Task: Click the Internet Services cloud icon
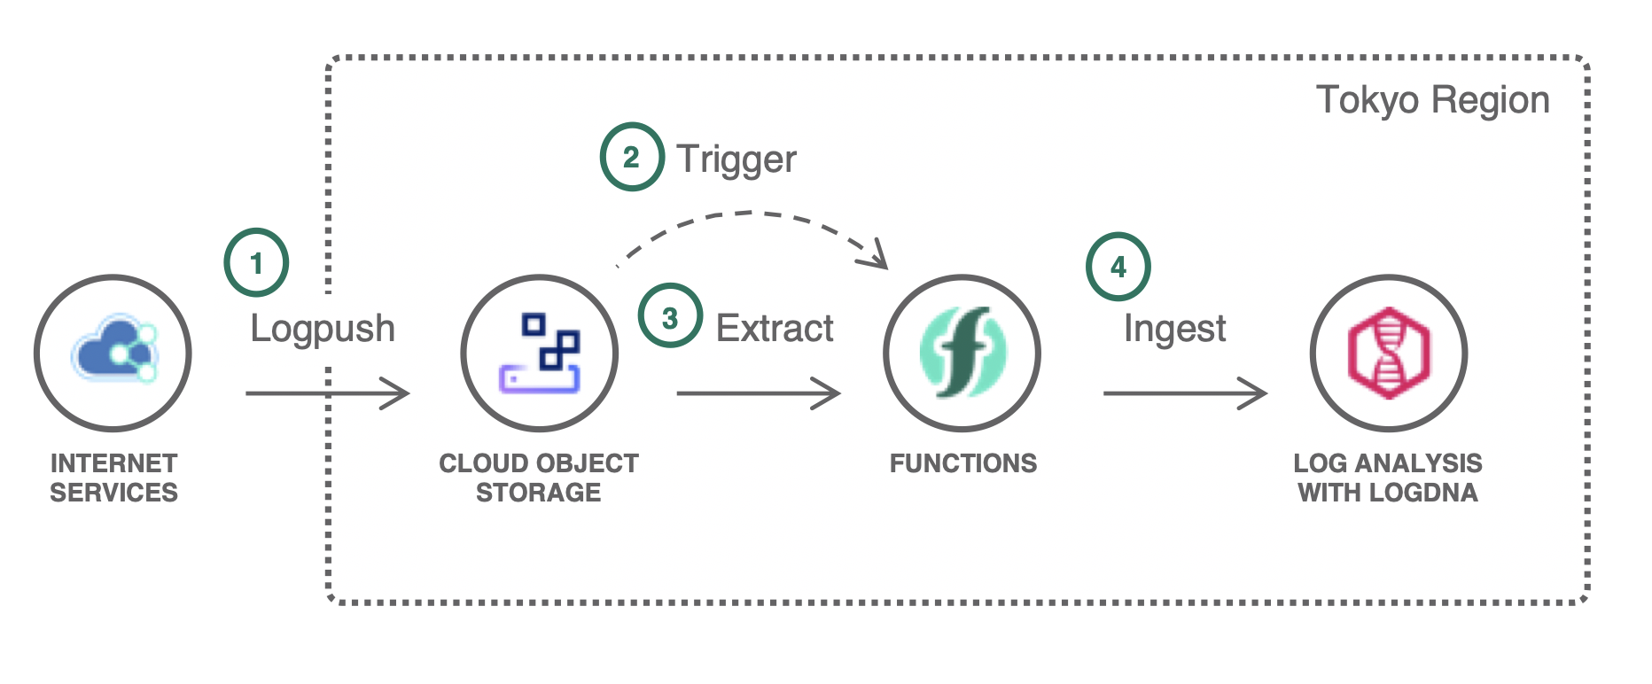pyautogui.click(x=113, y=353)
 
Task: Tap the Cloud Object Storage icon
pyautogui.click(x=539, y=353)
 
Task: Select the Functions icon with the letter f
pyautogui.click(x=962, y=353)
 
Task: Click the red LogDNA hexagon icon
pyautogui.click(x=1388, y=353)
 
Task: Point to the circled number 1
pyautogui.click(x=256, y=263)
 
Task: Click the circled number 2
pyautogui.click(x=631, y=158)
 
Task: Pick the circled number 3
pyautogui.click(x=670, y=316)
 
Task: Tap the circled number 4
pyautogui.click(x=1118, y=266)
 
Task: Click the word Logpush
pyautogui.click(x=323, y=329)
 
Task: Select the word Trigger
pyautogui.click(x=736, y=159)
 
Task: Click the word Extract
pyautogui.click(x=775, y=329)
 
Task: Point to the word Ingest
pyautogui.click(x=1174, y=330)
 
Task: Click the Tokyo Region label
pyautogui.click(x=1432, y=100)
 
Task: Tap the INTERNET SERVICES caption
pyautogui.click(x=113, y=478)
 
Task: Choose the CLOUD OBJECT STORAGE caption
pyautogui.click(x=539, y=478)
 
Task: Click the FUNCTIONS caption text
pyautogui.click(x=962, y=463)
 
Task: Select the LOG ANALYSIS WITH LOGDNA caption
pyautogui.click(x=1388, y=478)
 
